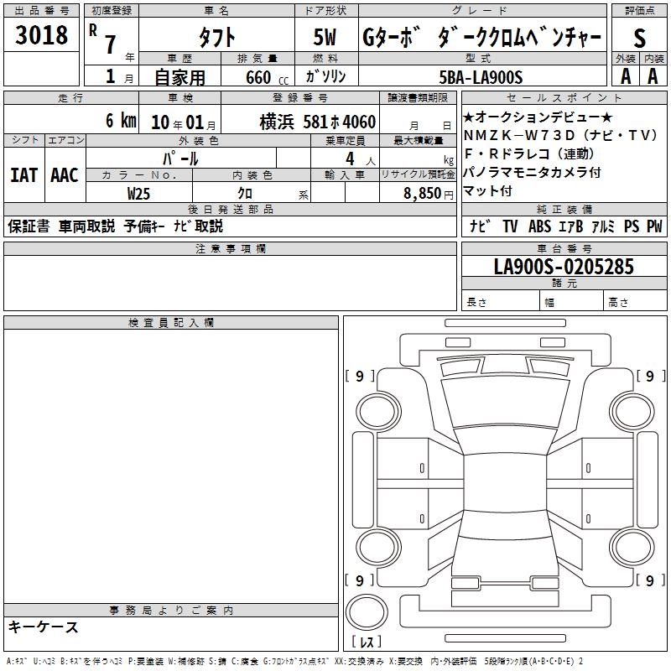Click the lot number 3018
41,35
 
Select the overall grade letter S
639,38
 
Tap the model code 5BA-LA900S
481,77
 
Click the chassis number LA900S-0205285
564,267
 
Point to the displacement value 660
258,78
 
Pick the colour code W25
138,194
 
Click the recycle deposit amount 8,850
423,194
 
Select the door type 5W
325,37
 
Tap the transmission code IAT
24,175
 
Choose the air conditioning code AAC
65,175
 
